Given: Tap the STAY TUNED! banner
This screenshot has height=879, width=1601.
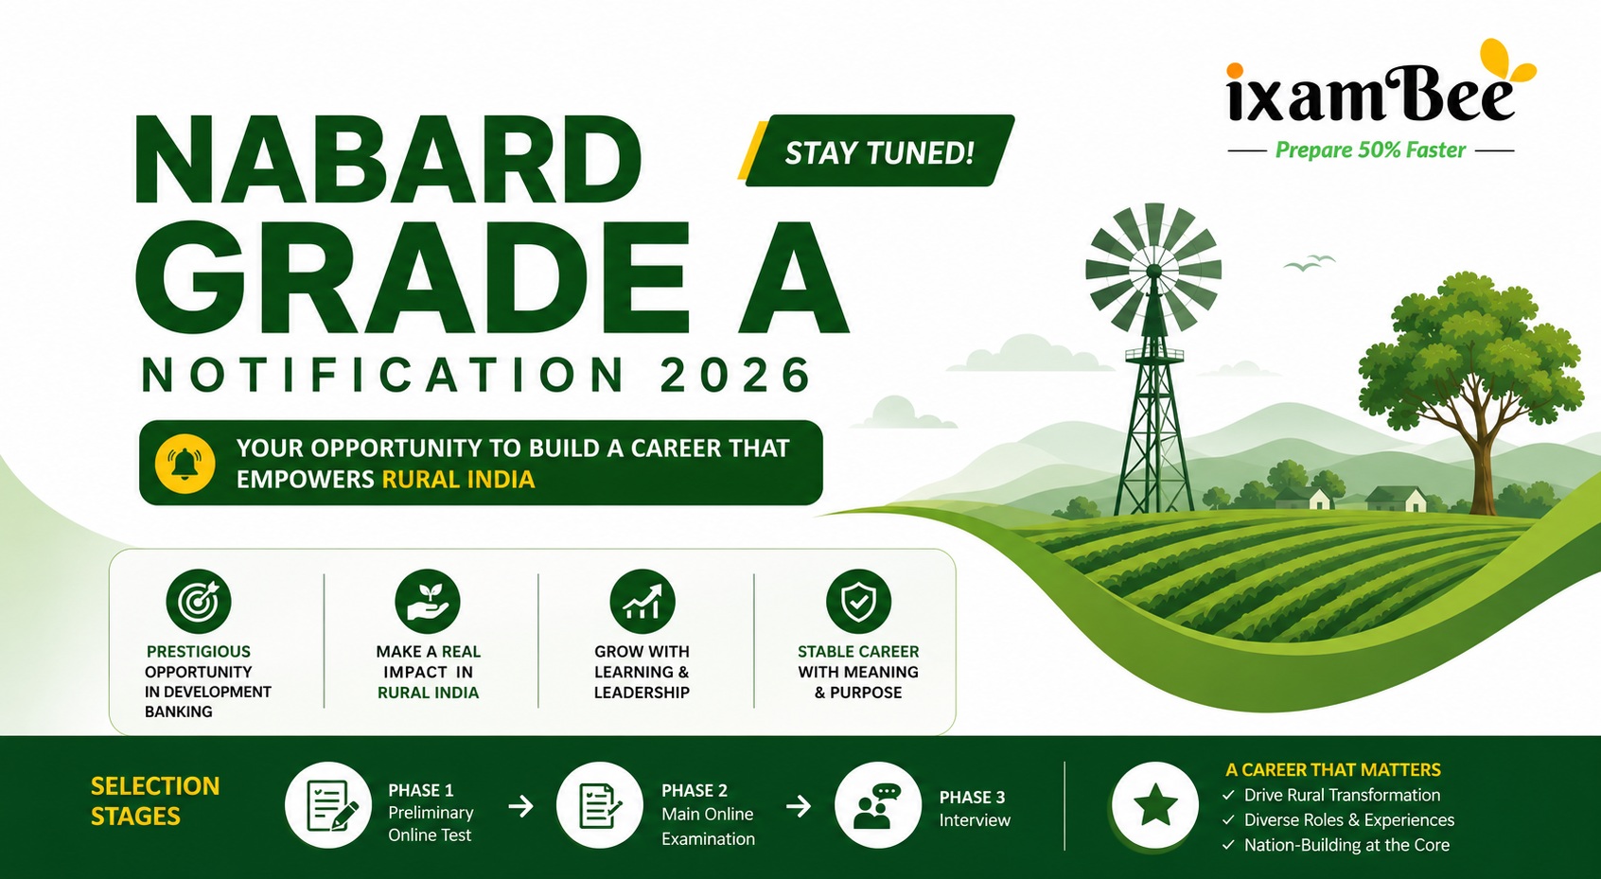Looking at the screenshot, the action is (x=878, y=150).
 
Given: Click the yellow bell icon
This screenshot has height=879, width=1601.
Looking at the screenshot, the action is (x=185, y=463).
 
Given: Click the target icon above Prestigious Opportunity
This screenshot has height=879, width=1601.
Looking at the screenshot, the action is (x=198, y=601).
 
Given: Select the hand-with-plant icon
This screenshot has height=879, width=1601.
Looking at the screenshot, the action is (x=428, y=601).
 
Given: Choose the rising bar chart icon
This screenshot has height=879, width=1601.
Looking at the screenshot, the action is (x=642, y=601).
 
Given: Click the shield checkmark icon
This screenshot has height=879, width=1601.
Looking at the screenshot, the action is (x=857, y=601).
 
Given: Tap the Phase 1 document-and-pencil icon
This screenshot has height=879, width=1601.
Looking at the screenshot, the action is (x=328, y=805).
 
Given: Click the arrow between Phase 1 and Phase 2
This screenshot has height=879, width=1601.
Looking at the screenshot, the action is (x=521, y=807).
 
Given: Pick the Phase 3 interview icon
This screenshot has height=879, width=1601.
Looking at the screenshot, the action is (x=878, y=805).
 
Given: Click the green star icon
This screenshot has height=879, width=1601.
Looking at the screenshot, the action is (x=1155, y=805).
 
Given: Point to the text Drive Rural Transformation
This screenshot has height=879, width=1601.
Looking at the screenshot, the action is (x=1342, y=795).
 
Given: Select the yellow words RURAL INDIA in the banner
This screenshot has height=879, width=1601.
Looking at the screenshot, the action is (x=458, y=479).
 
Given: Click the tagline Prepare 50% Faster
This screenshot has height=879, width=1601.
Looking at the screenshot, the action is (x=1370, y=150).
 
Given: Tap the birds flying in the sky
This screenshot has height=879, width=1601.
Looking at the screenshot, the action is (x=1310, y=263).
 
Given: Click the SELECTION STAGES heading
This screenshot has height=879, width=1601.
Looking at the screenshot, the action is (x=155, y=801).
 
